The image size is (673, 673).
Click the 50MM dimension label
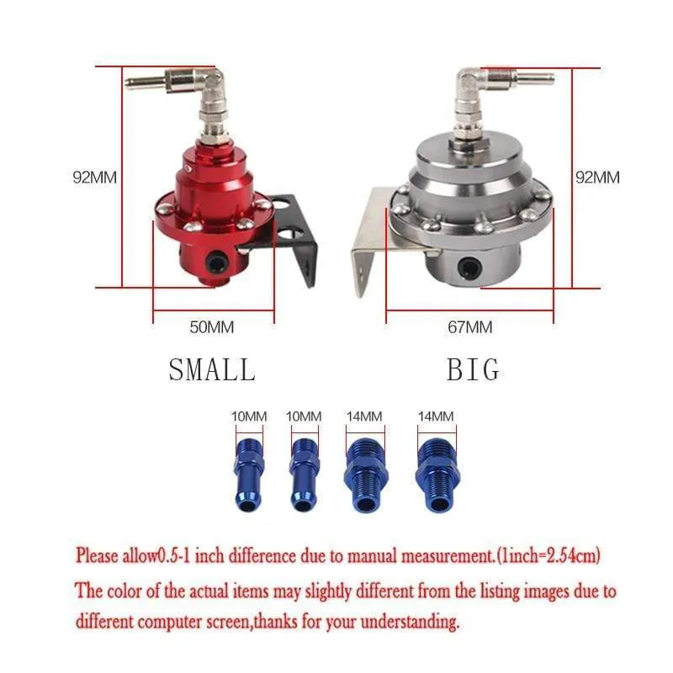coord(212,327)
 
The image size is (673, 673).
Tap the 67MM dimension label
coord(470,327)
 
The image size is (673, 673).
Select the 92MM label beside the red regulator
coord(95,178)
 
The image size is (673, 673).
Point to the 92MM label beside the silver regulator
coord(597,178)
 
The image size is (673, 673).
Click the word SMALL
coord(212,369)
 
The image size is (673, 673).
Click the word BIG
coord(473,369)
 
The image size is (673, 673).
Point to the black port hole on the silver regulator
coord(469,267)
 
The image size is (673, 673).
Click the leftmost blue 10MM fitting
coord(248,475)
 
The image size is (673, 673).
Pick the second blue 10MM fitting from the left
coord(305,475)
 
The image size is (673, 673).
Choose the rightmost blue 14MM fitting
coord(437,475)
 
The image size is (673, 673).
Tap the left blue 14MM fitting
coord(366,475)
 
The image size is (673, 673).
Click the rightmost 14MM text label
coord(436,416)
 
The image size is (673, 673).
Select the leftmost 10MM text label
coord(249,416)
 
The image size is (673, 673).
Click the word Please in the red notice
coord(97,556)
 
